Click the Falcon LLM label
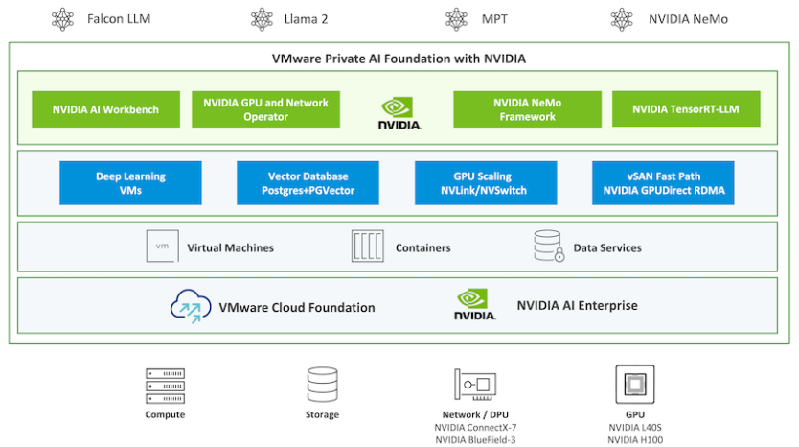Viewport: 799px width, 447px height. point(118,19)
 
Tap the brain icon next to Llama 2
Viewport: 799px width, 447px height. point(262,19)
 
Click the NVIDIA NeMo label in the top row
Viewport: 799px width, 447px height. point(687,19)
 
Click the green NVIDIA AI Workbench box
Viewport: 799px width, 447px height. point(105,109)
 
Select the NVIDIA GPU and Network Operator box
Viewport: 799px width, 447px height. point(265,109)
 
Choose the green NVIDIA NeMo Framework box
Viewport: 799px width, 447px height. point(527,109)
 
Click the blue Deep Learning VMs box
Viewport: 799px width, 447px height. point(130,183)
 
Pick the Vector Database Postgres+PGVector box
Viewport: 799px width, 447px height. point(308,183)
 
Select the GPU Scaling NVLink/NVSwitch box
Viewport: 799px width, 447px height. point(486,183)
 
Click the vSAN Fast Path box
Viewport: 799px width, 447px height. point(663,183)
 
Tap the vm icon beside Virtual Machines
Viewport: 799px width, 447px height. point(162,247)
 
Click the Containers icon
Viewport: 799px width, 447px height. point(367,247)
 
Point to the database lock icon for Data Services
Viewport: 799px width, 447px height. point(548,247)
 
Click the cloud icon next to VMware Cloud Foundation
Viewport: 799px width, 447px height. point(191,306)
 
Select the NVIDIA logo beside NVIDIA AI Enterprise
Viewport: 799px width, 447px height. point(476,305)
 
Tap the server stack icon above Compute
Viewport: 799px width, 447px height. point(165,386)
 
